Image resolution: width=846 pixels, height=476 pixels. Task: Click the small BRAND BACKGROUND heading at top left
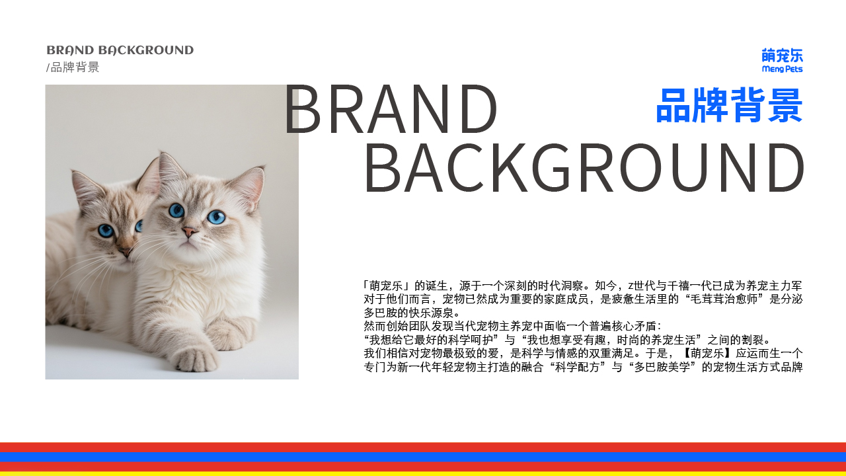120,50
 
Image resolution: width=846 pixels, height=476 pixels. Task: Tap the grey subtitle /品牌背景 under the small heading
73,67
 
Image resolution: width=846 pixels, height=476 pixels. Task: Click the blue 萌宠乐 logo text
782,55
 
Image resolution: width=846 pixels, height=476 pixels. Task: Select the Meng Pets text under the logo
782,69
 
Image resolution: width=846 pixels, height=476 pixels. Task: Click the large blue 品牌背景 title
729,105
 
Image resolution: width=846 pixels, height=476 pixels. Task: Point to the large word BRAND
391,109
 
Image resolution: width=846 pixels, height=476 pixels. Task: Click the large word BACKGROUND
584,168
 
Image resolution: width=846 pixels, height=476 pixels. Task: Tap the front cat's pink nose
189,231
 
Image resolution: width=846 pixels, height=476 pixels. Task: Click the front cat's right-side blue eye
216,217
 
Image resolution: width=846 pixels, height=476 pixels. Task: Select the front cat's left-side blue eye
176,210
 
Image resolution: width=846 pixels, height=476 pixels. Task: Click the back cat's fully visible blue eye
106,230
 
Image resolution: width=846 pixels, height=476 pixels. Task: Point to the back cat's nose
125,252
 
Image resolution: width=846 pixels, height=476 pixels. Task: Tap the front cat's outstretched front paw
196,360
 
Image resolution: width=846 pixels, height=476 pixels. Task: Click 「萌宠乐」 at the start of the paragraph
387,286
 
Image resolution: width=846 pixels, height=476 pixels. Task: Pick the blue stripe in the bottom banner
423,457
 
